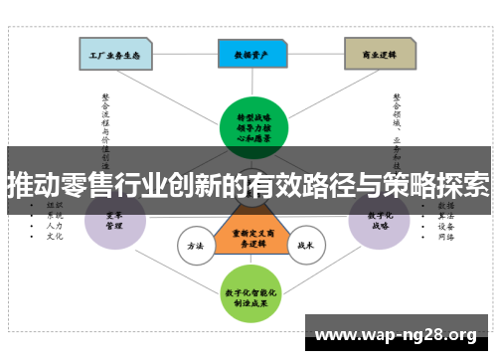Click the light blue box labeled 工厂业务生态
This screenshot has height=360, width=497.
[115, 54]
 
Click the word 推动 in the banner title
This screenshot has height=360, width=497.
[30, 185]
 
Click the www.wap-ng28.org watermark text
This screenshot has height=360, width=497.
[395, 332]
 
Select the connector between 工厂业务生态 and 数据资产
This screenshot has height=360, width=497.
[185, 54]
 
